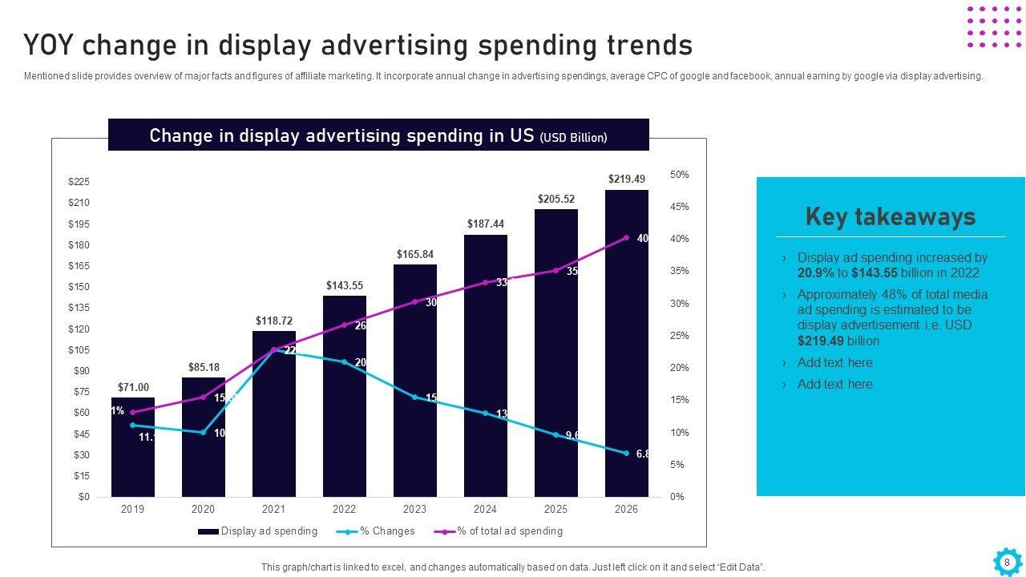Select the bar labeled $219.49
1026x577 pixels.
point(627,345)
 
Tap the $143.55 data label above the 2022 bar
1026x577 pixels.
point(345,285)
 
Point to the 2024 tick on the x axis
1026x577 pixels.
point(485,509)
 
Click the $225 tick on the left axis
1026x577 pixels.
point(79,183)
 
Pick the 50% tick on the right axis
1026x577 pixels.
point(679,175)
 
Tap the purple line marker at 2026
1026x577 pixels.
point(627,238)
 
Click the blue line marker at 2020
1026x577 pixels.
point(204,433)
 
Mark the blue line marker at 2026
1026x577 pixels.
point(627,454)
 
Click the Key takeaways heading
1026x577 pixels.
point(891,216)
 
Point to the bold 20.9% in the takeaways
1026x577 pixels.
point(815,273)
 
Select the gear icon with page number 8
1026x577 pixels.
point(1007,562)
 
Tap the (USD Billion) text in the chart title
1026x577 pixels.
point(573,138)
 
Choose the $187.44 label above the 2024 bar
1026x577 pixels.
point(486,224)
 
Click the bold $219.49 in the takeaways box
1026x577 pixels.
point(821,341)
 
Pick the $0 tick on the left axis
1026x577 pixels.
point(83,497)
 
